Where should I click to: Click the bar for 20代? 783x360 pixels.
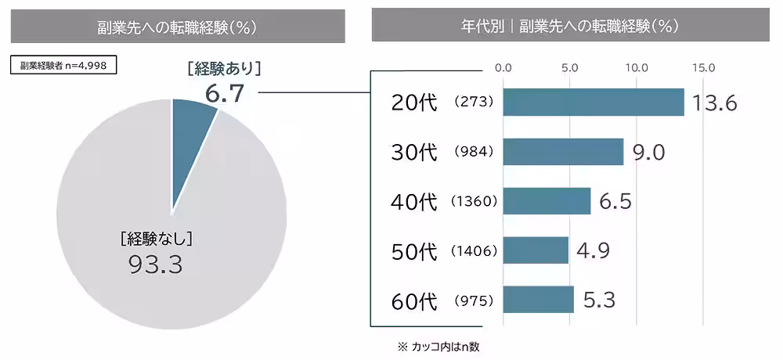[x=593, y=103]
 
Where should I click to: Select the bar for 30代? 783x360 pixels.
[x=562, y=152]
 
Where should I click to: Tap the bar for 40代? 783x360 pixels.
[x=546, y=201]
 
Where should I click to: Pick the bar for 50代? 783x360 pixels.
[x=535, y=250]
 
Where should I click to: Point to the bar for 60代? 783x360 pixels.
[x=538, y=300]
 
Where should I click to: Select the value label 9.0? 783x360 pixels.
[x=648, y=153]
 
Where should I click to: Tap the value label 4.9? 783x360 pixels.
[x=592, y=250]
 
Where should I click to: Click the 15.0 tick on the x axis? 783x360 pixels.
[x=703, y=68]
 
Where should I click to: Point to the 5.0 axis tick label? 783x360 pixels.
[x=570, y=68]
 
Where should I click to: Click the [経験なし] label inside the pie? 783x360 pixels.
[x=157, y=238]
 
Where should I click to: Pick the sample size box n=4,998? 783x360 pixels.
[x=63, y=66]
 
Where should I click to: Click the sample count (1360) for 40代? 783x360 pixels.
[x=474, y=202]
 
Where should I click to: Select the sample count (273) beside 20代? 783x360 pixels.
[x=474, y=103]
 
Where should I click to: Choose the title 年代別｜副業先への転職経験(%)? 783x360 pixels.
[x=569, y=26]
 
